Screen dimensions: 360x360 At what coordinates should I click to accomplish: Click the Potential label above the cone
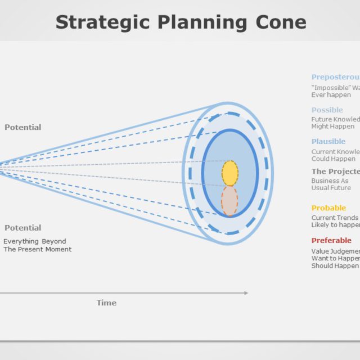point(23,127)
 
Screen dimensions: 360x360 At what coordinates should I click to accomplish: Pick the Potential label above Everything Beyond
point(23,228)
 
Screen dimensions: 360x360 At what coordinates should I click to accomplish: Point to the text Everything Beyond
point(35,241)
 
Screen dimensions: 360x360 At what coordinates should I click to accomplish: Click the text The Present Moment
point(38,249)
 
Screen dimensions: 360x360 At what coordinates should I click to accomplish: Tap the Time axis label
point(106,303)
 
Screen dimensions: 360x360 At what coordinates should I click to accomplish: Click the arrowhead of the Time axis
point(245,292)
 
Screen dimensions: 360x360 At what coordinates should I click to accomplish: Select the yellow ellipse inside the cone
point(229,173)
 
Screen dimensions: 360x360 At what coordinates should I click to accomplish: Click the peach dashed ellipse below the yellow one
point(229,201)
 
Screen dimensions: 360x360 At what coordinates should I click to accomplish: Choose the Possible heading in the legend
point(327,110)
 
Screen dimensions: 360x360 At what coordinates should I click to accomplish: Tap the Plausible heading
point(328,142)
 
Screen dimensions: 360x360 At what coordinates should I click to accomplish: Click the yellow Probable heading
point(328,208)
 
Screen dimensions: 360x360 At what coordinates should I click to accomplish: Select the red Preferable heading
point(331,241)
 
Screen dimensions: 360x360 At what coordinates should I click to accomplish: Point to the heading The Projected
point(335,172)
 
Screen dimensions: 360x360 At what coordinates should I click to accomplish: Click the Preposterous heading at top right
point(335,78)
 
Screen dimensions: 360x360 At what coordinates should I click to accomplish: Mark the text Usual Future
point(331,188)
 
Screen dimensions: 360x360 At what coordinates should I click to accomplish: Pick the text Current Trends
point(335,218)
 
